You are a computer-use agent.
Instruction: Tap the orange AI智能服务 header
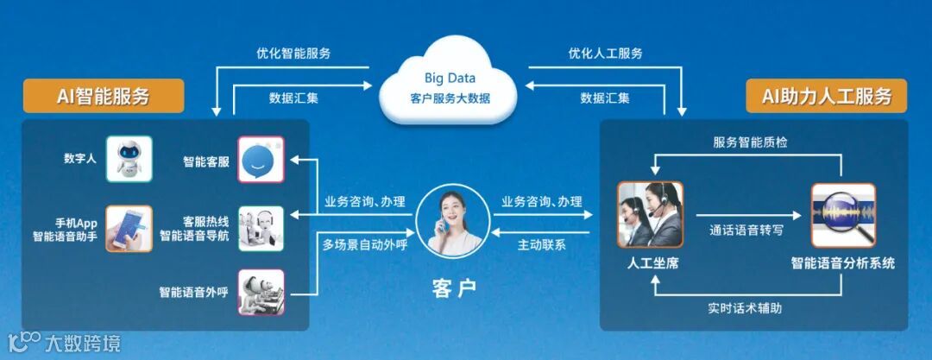coord(104,96)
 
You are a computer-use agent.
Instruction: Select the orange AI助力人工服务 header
coord(827,96)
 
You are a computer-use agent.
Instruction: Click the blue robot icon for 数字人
coord(129,159)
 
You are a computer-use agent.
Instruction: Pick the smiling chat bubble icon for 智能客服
coord(261,160)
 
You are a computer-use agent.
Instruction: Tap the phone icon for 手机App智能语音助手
coord(129,228)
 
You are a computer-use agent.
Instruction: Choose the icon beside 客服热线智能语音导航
coord(261,228)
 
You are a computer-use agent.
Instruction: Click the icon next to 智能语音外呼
coord(261,293)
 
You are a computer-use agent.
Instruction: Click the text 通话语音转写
coord(747,231)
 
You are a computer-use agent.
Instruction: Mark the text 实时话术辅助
coord(746,307)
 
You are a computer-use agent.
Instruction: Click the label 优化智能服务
coord(293,54)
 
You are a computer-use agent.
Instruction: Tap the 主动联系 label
coord(542,244)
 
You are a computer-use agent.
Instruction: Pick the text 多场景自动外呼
coord(364,244)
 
